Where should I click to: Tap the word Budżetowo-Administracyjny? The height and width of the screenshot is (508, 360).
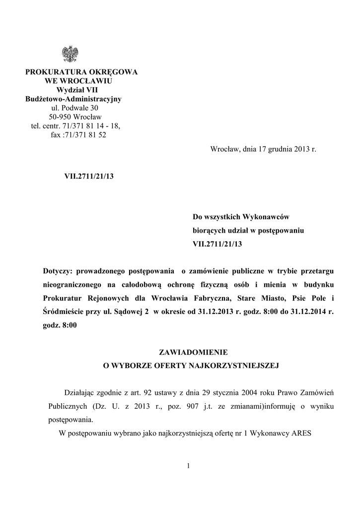click(73, 99)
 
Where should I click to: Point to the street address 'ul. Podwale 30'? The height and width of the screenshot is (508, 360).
click(75, 108)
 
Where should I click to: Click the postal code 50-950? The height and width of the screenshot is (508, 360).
click(60, 117)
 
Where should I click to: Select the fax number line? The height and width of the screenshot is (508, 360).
click(78, 134)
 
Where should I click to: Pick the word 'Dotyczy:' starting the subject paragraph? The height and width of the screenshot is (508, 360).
click(59, 271)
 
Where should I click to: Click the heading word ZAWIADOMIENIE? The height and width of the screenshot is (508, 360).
click(193, 352)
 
